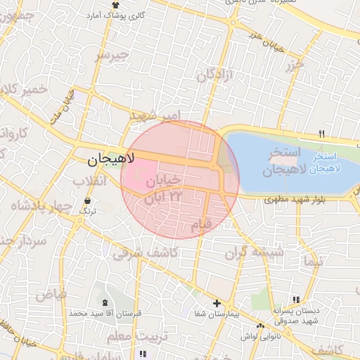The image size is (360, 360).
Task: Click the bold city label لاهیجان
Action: [106, 161]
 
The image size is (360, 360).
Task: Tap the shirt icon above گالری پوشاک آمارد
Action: [116, 4]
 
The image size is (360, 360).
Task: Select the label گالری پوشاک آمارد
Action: [115, 15]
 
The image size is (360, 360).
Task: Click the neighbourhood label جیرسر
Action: [112, 55]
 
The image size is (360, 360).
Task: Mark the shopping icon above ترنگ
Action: [86, 202]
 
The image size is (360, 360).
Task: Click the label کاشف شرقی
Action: [138, 252]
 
